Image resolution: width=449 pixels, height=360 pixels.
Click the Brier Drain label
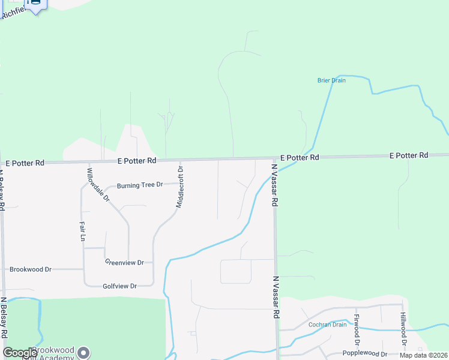point(331,80)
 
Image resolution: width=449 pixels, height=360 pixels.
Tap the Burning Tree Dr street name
point(140,185)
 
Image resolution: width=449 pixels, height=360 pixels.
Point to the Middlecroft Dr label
point(179,187)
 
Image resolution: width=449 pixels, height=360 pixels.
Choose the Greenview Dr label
point(124,262)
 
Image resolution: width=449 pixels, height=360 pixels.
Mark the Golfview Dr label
point(120,286)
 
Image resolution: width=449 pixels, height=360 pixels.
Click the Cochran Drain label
point(328,325)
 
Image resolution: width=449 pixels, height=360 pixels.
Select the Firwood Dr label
point(357,330)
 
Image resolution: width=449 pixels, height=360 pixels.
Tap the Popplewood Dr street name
point(365,354)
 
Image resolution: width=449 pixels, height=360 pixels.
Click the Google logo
point(20,353)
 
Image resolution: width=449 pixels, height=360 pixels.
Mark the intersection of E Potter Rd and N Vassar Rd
point(274,158)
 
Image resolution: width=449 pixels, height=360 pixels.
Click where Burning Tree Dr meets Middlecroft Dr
point(182,182)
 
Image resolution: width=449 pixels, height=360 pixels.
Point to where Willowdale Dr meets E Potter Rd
point(88,162)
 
